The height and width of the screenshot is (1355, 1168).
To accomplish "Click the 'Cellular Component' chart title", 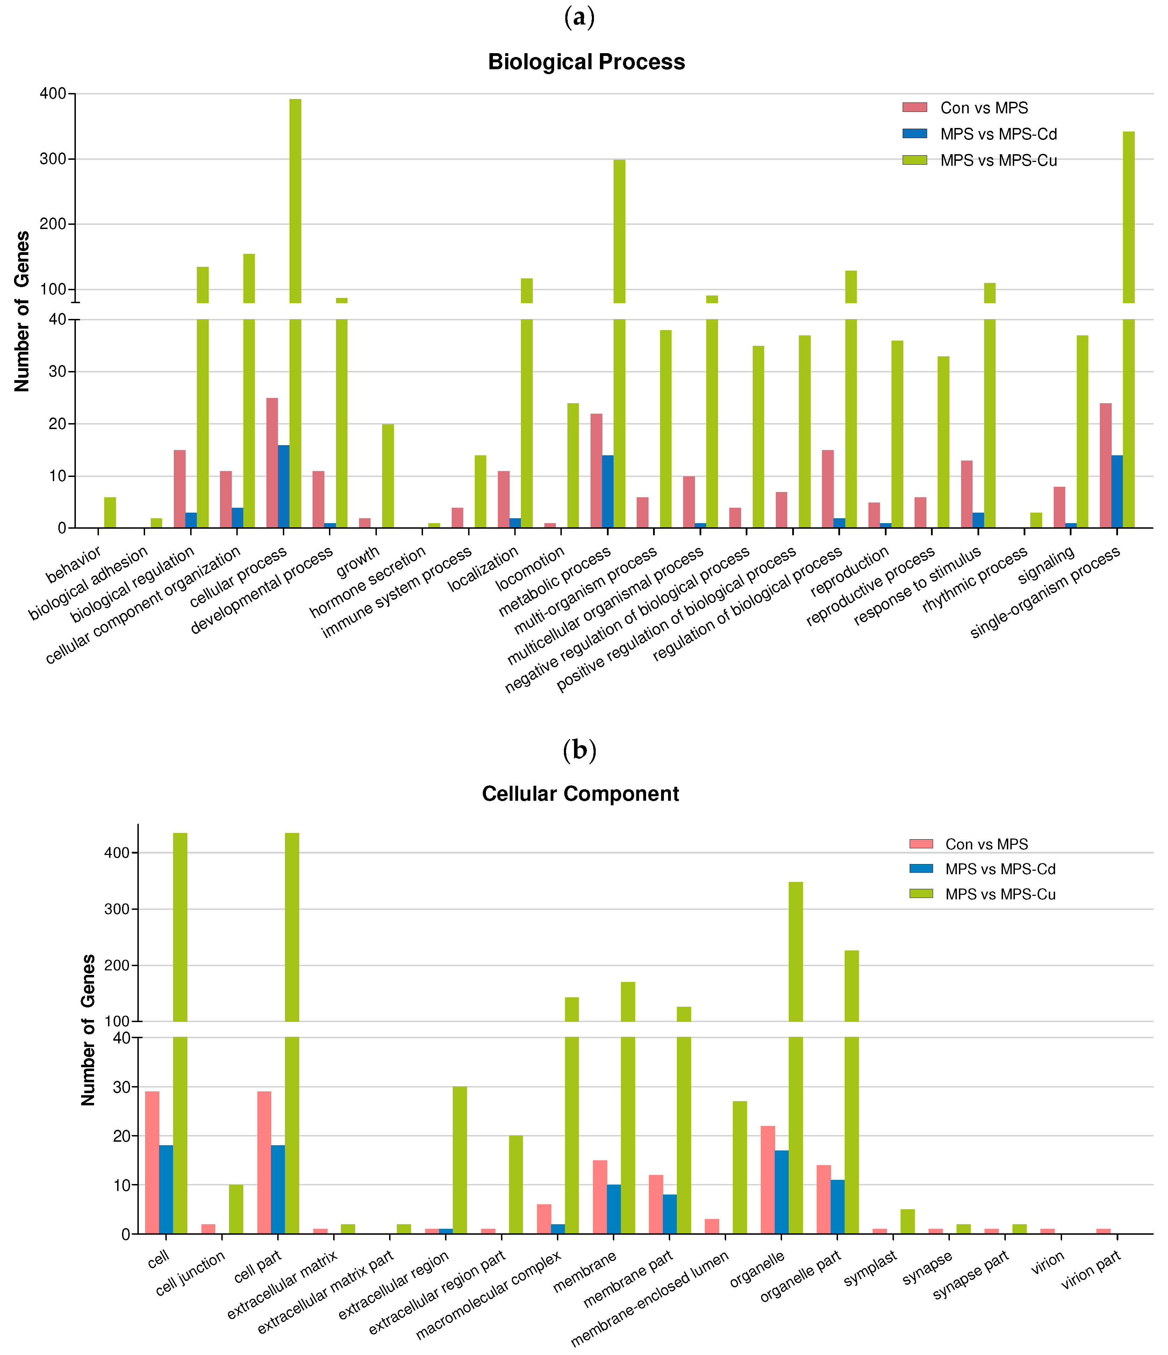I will tap(580, 793).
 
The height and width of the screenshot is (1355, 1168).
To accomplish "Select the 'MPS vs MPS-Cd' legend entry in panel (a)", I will tap(998, 134).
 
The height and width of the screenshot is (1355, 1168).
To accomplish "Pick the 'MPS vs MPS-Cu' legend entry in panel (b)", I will tap(1000, 894).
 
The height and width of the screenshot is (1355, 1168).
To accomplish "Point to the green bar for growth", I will tap(388, 476).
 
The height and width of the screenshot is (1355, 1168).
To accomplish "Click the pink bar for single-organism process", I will tap(1105, 466).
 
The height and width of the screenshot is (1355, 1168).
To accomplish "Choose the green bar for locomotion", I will tap(573, 466).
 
